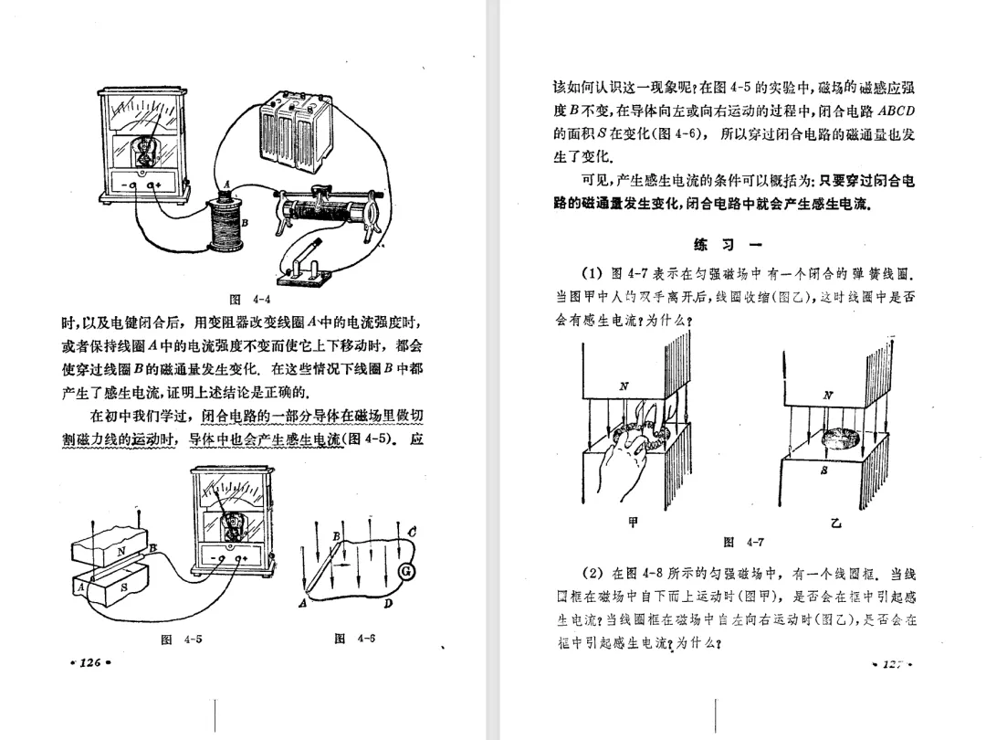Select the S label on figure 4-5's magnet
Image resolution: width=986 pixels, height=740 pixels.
click(125, 587)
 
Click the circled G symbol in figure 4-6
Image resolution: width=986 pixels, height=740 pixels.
click(408, 572)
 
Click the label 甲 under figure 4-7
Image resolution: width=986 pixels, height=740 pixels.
click(635, 523)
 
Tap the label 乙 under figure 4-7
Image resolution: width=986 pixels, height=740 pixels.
click(835, 523)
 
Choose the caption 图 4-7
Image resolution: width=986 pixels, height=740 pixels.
click(743, 543)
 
